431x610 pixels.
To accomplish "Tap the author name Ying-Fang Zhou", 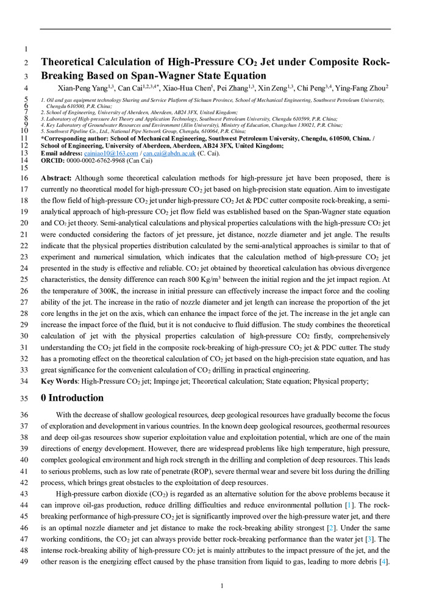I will pos(360,88).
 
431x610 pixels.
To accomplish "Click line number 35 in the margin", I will pos(25,399).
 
